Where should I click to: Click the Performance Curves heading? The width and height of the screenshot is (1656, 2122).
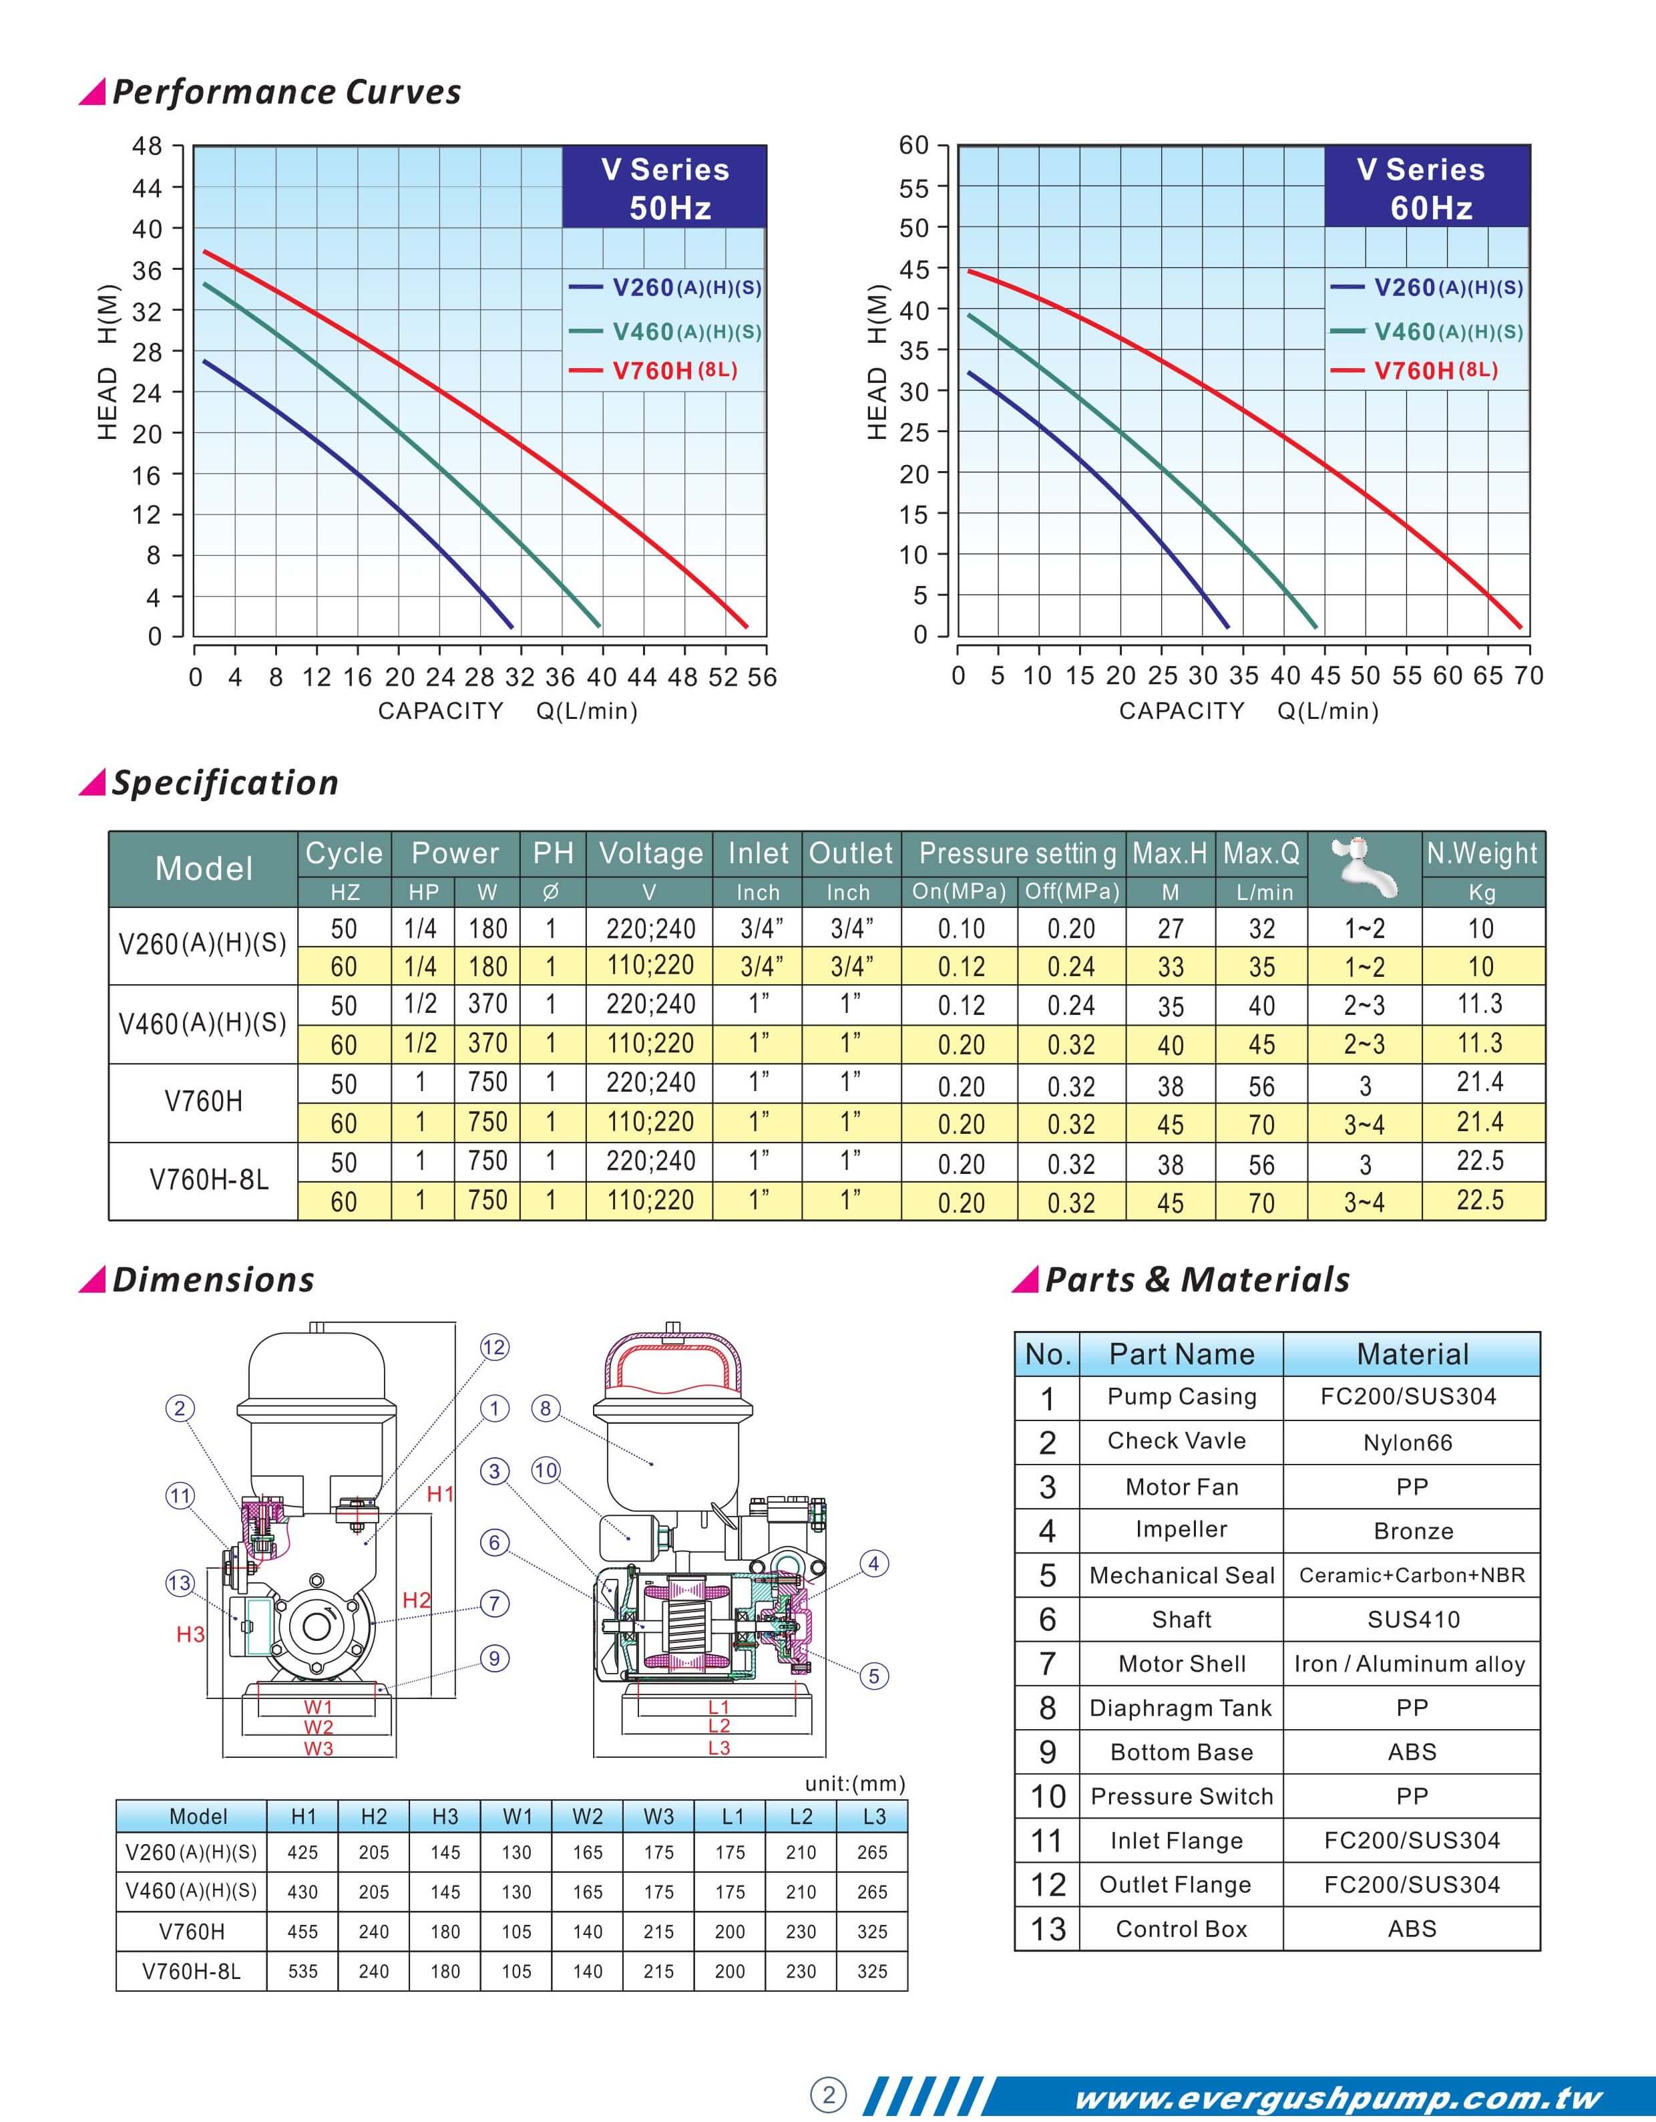(x=286, y=92)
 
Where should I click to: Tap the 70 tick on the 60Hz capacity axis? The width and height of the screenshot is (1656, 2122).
(x=1528, y=676)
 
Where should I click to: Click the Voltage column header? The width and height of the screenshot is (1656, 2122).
(x=650, y=853)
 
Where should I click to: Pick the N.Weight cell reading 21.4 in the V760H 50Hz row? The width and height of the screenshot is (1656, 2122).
(x=1479, y=1082)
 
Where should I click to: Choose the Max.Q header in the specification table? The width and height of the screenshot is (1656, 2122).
(x=1261, y=853)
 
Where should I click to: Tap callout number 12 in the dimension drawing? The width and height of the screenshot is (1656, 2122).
(x=494, y=1347)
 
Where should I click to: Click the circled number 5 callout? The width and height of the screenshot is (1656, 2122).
(x=874, y=1675)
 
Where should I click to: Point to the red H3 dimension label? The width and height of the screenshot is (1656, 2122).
(x=190, y=1634)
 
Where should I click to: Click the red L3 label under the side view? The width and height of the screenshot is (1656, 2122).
(x=718, y=1748)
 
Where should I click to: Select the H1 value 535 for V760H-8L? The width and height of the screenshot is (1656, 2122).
(x=303, y=1972)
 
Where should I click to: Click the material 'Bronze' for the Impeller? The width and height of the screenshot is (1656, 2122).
(x=1412, y=1531)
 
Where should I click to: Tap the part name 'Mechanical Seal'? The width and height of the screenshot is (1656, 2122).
(x=1181, y=1575)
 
